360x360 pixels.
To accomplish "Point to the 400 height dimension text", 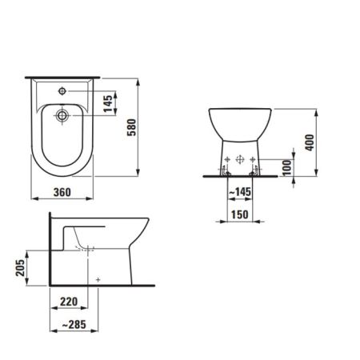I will click(310, 142).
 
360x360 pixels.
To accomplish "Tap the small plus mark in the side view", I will click(98, 279).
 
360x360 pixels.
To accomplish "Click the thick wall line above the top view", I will click(63, 76).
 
